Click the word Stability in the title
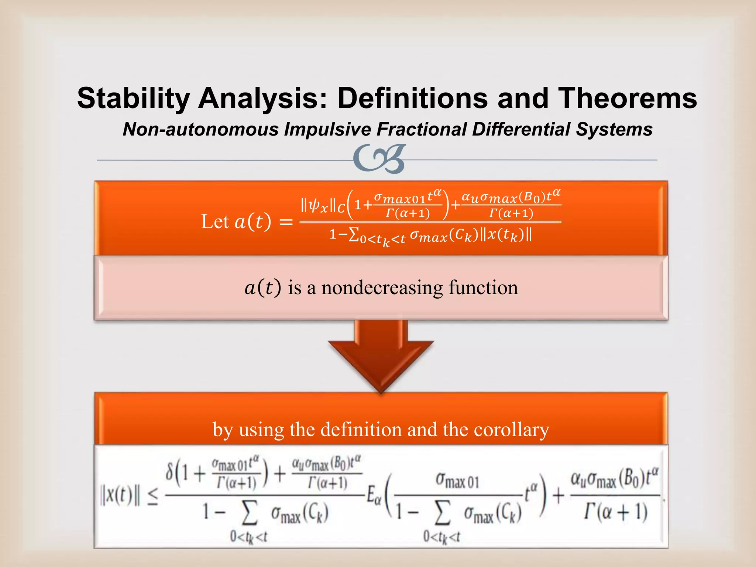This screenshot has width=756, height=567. click(133, 98)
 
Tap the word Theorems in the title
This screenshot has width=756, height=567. click(627, 98)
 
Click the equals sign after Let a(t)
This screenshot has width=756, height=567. click(286, 222)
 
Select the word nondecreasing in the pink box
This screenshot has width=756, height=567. click(382, 288)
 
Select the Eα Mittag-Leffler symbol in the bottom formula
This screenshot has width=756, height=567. click(373, 496)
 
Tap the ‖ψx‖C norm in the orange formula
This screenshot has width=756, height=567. click(323, 206)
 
